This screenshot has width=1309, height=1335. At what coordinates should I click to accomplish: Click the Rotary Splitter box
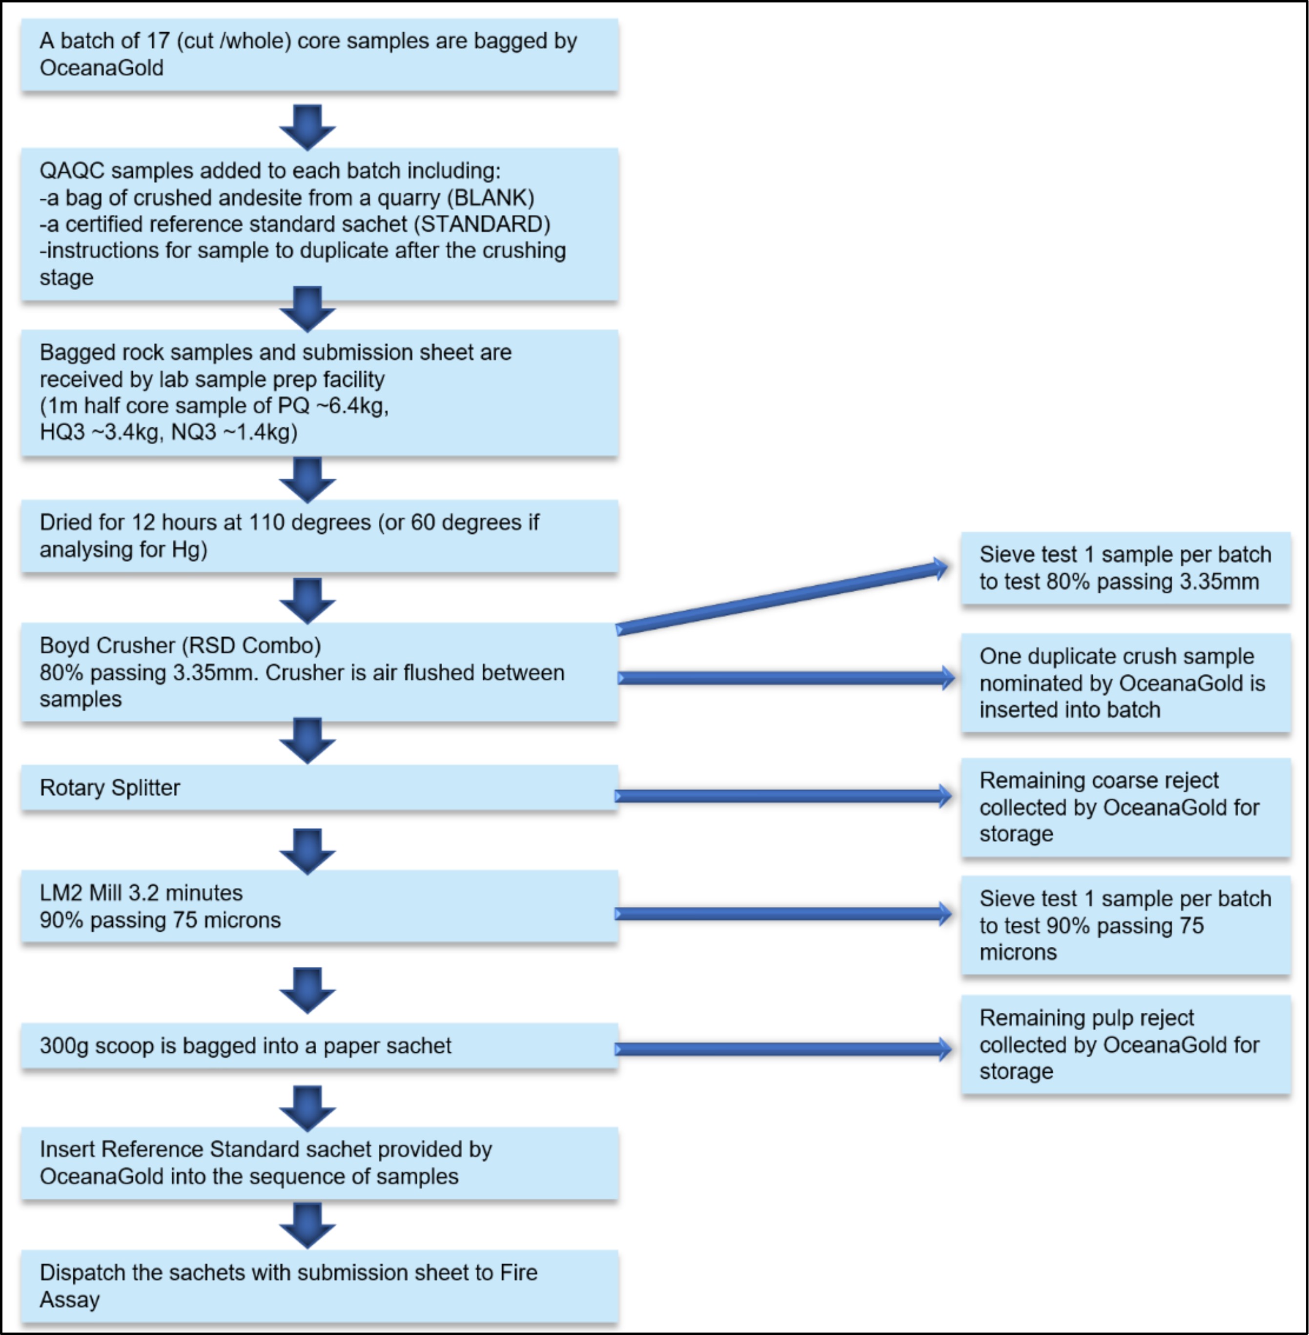[x=319, y=788]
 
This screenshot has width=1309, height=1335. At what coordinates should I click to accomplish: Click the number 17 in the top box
[x=158, y=42]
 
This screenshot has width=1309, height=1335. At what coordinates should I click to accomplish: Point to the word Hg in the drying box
[x=189, y=549]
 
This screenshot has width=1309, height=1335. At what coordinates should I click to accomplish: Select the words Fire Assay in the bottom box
[x=289, y=1286]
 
